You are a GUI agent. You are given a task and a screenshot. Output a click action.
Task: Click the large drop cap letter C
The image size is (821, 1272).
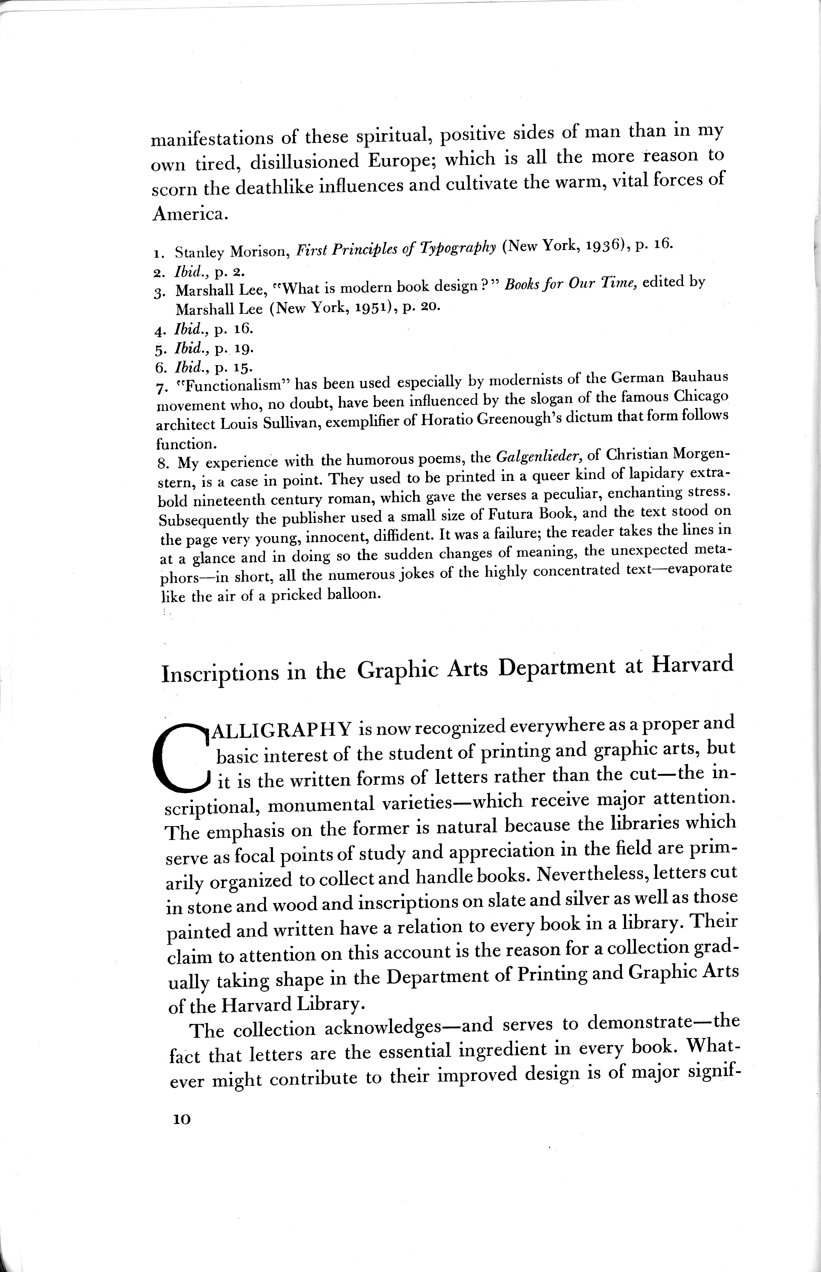tap(179, 757)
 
